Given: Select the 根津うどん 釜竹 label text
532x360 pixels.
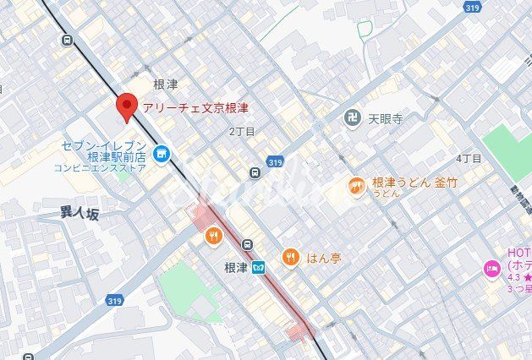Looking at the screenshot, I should pos(414,183).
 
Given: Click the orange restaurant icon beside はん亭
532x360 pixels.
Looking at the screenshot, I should pos(291,257).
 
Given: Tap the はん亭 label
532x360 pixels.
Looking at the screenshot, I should pos(323,258).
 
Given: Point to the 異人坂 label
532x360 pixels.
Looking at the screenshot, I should pos(80,214).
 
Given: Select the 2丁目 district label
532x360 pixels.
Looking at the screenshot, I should pos(242,132).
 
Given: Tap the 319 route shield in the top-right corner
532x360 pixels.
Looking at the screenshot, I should pos(473,7).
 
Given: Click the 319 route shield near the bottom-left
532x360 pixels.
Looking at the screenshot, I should pos(115,300).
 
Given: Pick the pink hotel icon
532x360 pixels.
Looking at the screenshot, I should pos(491,269).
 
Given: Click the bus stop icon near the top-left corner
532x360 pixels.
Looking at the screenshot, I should pos(66,39).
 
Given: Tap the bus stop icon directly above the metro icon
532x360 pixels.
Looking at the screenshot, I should pos(246,245).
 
